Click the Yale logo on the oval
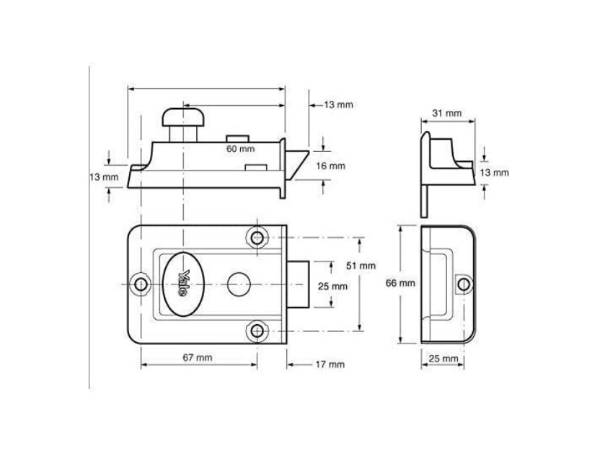(184, 282)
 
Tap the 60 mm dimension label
(240, 149)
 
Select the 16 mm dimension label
(331, 166)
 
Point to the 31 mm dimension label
(447, 113)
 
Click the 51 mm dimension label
(361, 266)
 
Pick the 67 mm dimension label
(197, 357)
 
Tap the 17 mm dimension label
(330, 364)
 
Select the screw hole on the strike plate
(463, 284)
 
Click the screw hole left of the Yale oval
(142, 284)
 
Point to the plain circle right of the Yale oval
(236, 283)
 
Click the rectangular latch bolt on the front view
(299, 283)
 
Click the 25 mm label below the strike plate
(443, 358)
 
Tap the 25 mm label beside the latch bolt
(332, 286)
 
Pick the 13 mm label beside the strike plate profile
(494, 172)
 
